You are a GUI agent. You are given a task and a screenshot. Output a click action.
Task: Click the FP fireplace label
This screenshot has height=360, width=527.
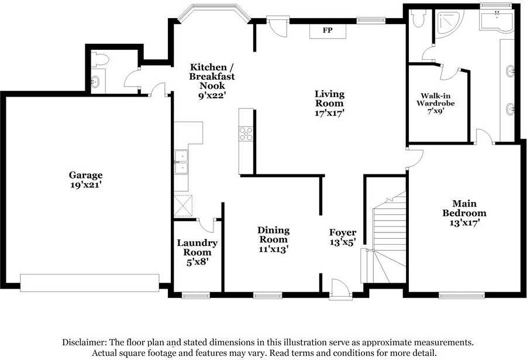tap(328, 30)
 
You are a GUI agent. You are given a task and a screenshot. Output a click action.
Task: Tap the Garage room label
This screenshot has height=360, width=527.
tap(86, 175)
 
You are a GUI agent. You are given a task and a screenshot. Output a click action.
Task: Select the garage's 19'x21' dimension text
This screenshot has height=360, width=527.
tap(86, 185)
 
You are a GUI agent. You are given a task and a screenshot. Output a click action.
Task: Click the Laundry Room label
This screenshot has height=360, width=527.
tap(197, 247)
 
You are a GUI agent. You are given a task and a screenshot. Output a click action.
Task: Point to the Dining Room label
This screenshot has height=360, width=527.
tap(273, 235)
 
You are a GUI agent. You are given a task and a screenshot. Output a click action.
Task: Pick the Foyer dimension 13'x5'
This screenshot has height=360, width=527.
tap(343, 242)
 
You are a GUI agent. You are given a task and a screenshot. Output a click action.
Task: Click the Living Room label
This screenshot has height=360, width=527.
tap(329, 98)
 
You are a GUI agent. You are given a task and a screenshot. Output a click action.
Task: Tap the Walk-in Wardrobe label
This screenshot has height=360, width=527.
tap(436, 100)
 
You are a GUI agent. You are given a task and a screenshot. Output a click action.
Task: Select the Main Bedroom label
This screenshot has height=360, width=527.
tap(464, 208)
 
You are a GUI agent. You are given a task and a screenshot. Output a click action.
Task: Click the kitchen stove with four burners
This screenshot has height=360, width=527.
tap(246, 133)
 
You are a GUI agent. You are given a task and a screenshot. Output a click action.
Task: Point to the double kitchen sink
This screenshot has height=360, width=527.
tap(181, 162)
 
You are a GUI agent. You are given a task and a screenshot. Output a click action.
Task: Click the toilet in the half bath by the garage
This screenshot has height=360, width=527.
tap(100, 60)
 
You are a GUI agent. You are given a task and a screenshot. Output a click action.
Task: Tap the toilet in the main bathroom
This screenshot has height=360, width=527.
tap(419, 19)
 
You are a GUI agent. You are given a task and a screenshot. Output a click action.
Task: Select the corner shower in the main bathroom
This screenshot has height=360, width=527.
tap(449, 22)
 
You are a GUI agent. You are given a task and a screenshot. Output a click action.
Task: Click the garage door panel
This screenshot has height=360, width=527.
tap(89, 283)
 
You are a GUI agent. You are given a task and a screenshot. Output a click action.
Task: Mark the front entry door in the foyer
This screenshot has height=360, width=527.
tap(341, 289)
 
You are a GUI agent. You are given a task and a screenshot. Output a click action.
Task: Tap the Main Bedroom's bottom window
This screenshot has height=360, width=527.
tap(462, 296)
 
